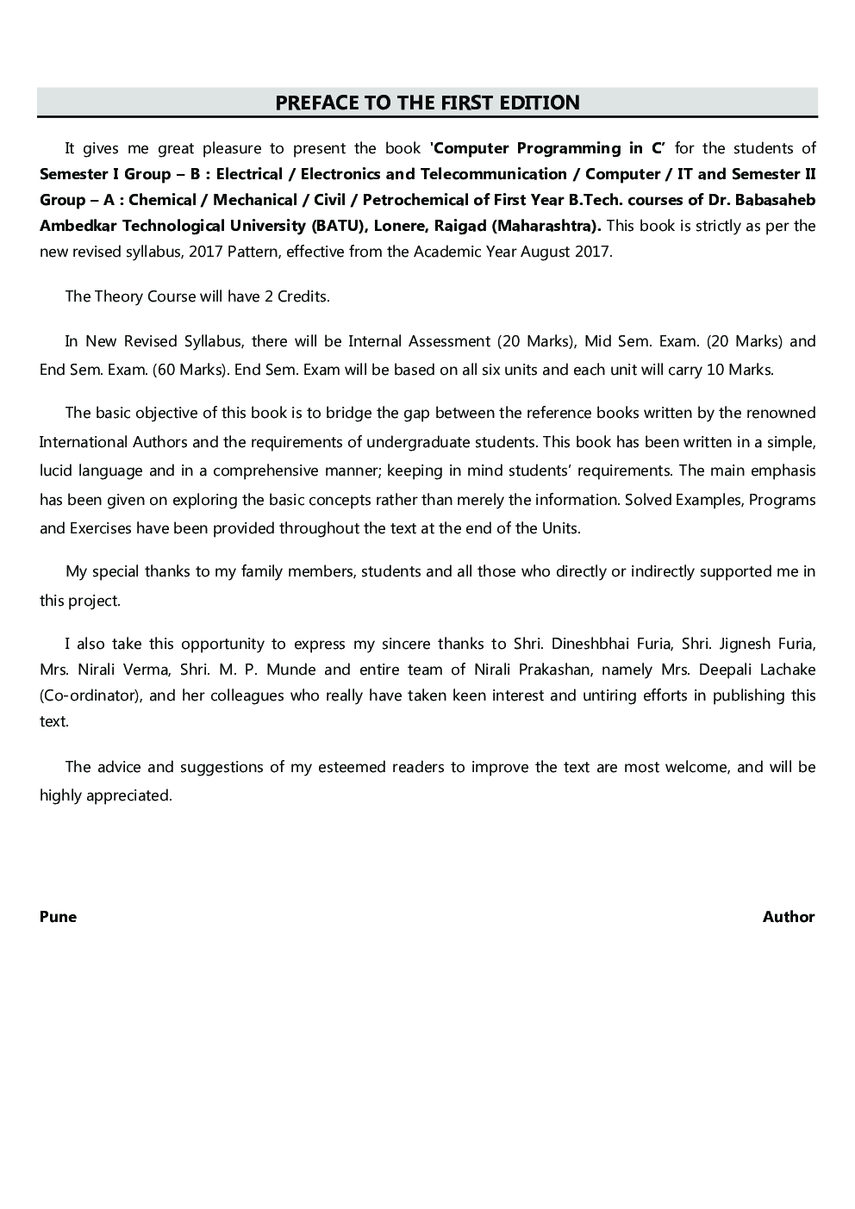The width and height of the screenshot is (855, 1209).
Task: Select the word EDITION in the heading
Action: [x=540, y=103]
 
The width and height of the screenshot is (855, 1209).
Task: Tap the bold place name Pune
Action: [x=58, y=917]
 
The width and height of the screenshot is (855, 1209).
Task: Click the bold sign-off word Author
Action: [x=789, y=917]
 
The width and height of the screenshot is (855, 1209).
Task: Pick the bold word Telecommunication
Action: [x=493, y=174]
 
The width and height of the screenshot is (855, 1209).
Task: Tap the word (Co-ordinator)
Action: [x=90, y=695]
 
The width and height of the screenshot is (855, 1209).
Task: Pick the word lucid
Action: [x=56, y=471]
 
